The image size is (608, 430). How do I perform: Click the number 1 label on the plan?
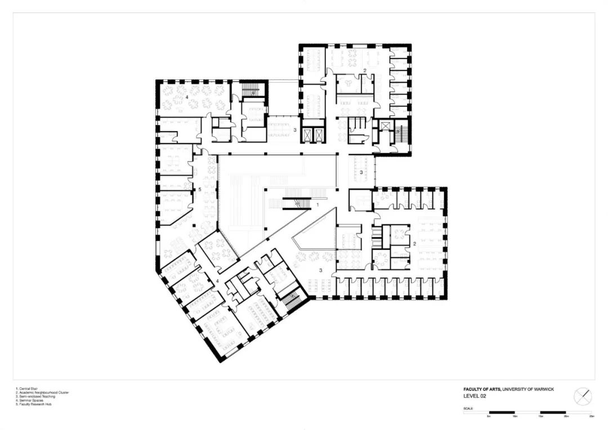coord(318,205)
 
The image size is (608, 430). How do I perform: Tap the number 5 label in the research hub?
coord(199,190)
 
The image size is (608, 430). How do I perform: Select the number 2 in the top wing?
coord(365,70)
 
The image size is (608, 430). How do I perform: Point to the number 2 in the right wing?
coord(414,244)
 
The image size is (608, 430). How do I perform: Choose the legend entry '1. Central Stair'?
coord(25,388)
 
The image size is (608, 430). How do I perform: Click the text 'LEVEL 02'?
coord(474,396)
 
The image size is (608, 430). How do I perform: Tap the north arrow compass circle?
coord(583,396)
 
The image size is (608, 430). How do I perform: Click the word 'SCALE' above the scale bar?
coord(468,408)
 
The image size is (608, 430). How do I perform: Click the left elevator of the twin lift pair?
coord(307,135)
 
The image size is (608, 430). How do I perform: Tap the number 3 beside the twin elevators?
coord(294,129)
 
